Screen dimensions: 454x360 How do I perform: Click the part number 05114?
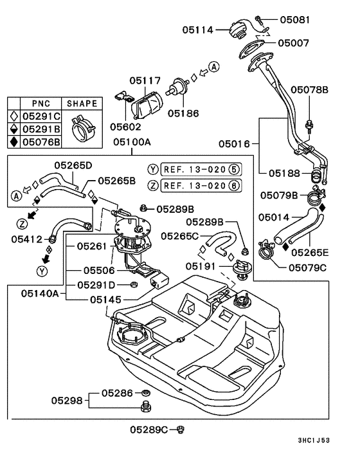tap(198, 29)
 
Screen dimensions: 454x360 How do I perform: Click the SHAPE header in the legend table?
tap(80, 104)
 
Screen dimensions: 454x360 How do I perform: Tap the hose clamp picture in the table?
tap(80, 129)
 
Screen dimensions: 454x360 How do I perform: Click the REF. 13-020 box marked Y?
tap(195, 170)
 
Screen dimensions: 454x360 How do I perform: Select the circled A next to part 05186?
tap(214, 67)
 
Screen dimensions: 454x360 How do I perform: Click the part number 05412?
tap(26, 239)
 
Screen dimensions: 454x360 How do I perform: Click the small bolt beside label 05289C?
tap(181, 429)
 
